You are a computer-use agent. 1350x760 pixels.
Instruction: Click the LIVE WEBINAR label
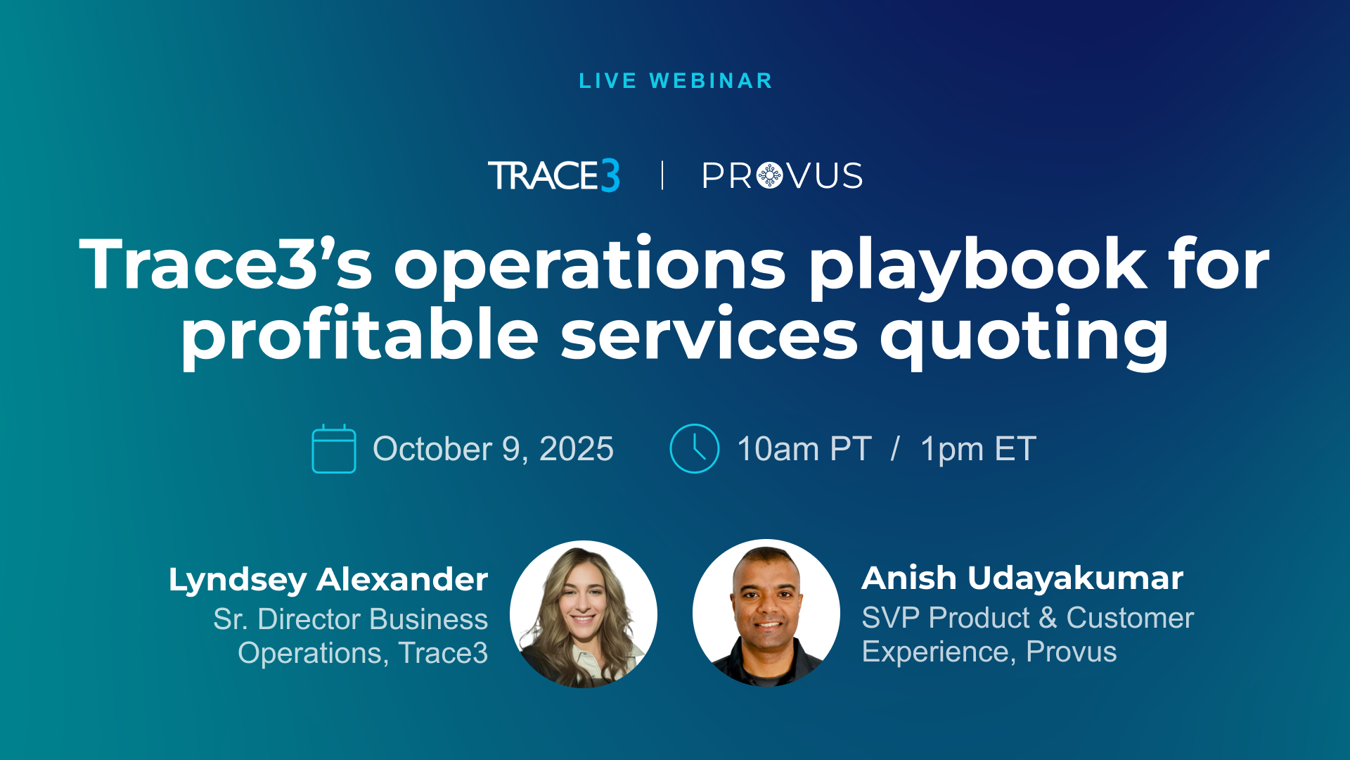[675, 81]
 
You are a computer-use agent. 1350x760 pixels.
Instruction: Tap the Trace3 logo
[554, 175]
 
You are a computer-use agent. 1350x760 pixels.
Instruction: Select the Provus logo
[782, 176]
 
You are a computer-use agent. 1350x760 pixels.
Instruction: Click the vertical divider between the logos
[662, 175]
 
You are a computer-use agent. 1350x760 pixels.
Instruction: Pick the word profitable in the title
[359, 336]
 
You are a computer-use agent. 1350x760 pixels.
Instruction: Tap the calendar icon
[334, 448]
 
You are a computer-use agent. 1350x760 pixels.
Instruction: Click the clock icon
[695, 448]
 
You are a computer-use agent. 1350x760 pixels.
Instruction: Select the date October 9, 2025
[493, 449]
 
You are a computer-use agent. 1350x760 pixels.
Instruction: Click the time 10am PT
[804, 449]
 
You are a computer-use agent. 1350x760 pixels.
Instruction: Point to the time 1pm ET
[978, 449]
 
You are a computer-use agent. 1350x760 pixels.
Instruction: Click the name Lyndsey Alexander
[328, 580]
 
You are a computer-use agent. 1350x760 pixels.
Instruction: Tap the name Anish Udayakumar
[1022, 578]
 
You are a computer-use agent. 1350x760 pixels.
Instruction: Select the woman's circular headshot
[584, 614]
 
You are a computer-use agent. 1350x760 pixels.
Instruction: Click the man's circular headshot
[766, 613]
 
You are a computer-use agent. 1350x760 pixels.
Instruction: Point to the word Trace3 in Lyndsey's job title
[443, 653]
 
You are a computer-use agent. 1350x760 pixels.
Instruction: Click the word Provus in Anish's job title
[1071, 652]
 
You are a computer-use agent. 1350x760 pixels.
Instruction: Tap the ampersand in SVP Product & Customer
[1048, 618]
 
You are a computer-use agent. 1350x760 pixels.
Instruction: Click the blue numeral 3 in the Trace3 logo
[610, 176]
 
